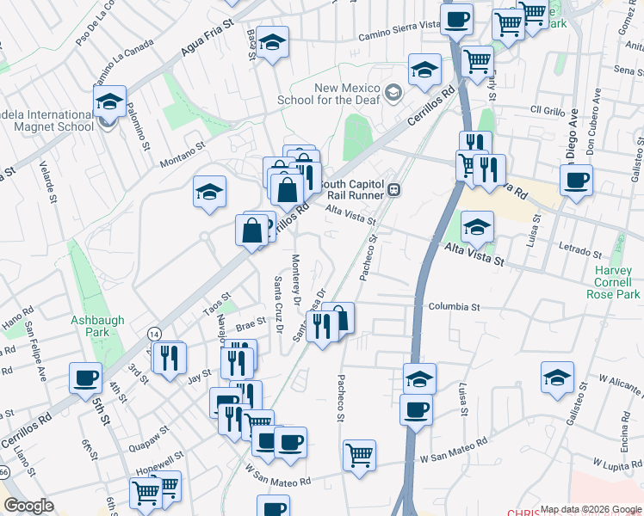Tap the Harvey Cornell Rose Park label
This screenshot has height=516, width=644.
618,282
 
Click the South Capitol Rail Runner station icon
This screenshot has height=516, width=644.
393,190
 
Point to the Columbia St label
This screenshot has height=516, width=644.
453,306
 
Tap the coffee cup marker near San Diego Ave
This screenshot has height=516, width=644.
576,180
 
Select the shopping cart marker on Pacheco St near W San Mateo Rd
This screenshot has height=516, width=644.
359,454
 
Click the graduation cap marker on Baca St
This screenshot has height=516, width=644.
272,42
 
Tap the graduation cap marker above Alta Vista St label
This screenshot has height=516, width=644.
477,227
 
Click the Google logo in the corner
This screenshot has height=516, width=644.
28,506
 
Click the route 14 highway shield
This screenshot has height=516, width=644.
153,333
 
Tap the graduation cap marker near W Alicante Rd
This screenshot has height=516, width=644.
557,378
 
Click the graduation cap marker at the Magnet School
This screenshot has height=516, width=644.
109,101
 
